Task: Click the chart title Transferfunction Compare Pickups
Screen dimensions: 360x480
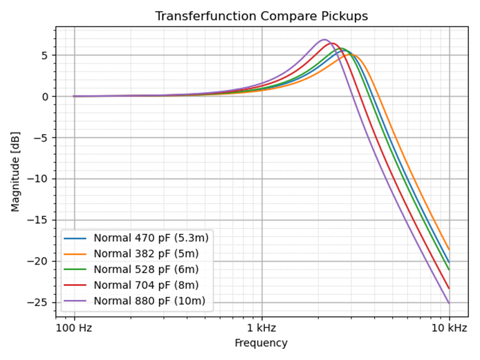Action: (261, 16)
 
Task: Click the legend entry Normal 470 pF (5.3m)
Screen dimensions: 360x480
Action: (151, 238)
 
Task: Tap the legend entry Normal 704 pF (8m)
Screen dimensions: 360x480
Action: (146, 285)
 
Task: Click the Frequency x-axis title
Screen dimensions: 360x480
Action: (261, 343)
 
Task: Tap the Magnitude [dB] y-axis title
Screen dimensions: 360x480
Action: (15, 172)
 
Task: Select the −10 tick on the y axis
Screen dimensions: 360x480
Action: (42, 179)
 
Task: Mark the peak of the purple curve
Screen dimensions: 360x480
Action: (324, 39)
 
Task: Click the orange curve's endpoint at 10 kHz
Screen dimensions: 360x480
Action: (449, 249)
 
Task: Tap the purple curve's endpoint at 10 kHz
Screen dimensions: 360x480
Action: (449, 303)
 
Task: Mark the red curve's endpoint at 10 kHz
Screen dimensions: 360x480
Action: (449, 288)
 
